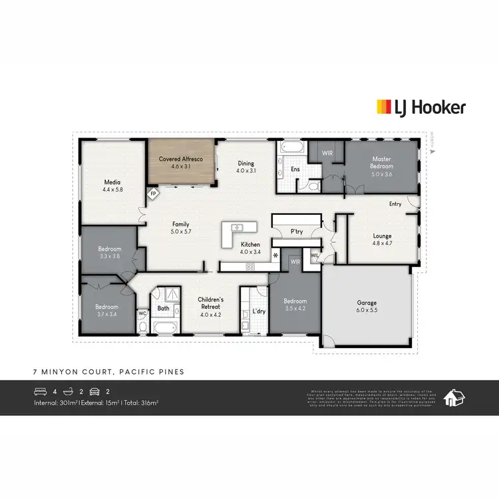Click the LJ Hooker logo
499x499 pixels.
421,107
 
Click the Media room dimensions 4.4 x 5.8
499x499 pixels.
112,190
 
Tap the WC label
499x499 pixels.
142,313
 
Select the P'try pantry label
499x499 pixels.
297,232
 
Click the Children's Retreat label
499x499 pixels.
210,300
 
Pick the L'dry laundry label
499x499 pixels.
259,311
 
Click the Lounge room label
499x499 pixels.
382,236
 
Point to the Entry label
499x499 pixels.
395,204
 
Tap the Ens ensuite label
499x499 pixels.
295,170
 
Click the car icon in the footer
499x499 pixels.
94,392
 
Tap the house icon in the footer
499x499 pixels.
454,397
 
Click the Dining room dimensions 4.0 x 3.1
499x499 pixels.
246,170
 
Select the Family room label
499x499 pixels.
181,224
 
